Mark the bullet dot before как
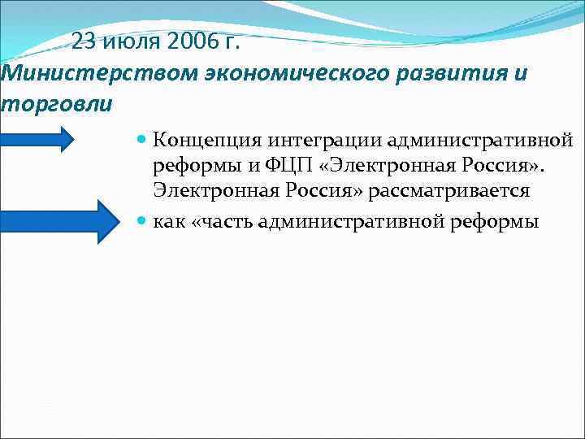[142, 221]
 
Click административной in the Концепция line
[463, 141]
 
